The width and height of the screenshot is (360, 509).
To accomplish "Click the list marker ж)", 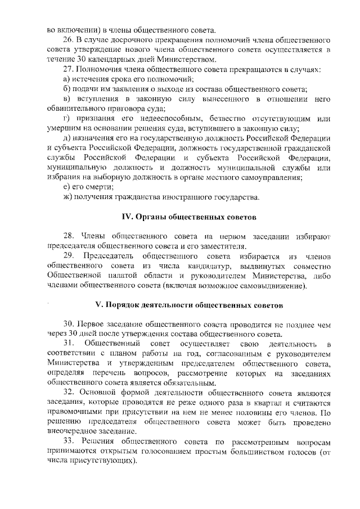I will (67, 197).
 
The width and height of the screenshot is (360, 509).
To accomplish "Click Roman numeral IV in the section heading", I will (128, 217).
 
